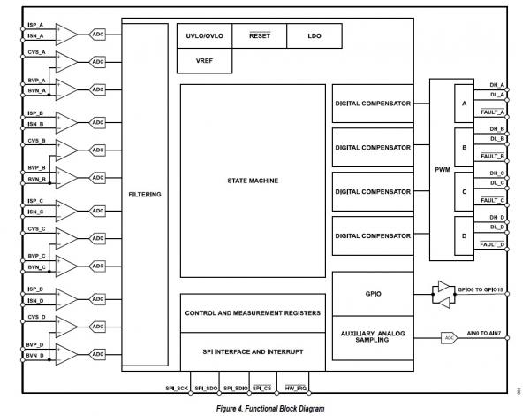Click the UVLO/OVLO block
205,36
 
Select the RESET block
259,36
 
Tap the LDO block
314,36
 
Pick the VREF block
205,61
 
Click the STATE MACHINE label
253,181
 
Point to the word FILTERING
145,195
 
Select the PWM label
443,170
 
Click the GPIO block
373,294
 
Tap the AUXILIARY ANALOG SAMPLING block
373,338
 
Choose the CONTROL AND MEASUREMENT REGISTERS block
253,313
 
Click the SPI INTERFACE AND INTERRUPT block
253,351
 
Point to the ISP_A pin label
35,25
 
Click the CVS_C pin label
36,229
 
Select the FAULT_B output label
493,156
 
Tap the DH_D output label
496,218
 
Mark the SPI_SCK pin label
177,389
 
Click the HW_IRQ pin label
296,389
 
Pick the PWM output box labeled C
464,192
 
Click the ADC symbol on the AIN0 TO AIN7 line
450,338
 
